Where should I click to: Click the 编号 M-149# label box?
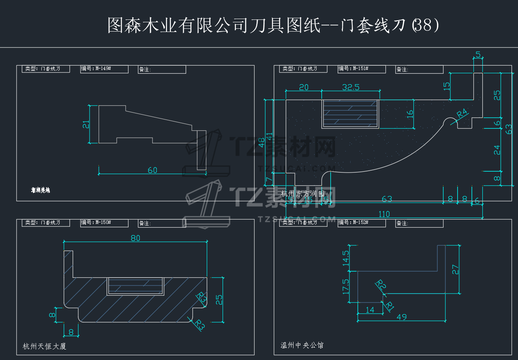tap(104, 69)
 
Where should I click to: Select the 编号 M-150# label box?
tap(104, 223)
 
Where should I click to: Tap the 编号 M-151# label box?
tap(362, 69)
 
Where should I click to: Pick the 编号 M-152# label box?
tap(362, 223)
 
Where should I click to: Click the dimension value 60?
tap(152, 170)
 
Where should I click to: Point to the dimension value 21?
tap(86, 124)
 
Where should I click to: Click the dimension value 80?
tap(135, 238)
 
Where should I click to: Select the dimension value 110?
tap(384, 214)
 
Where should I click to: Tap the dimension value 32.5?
tap(351, 87)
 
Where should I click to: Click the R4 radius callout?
tap(462, 114)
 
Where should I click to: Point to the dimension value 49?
tap(401, 317)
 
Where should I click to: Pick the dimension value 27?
tap(456, 270)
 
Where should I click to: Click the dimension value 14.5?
tap(345, 258)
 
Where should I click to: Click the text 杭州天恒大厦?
tap(44, 346)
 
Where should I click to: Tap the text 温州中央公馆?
tap(302, 345)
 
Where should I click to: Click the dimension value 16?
tap(410, 114)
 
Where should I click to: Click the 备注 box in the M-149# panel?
tap(162, 70)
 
